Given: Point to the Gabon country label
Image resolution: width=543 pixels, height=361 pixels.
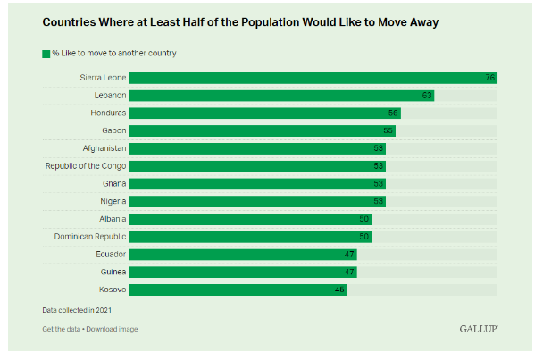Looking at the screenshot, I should (113, 130).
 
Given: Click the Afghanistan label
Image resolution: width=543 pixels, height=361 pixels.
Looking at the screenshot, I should (104, 148).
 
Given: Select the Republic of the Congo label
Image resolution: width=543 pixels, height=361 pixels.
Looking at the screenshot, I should (86, 166).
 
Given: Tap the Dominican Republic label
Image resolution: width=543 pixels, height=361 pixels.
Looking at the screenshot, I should (90, 237).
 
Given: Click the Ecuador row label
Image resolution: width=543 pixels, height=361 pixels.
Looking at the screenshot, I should (111, 255).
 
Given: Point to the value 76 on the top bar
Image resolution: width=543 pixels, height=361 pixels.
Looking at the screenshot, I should (490, 78).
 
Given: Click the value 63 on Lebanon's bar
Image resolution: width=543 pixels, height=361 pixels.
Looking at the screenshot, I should (428, 96).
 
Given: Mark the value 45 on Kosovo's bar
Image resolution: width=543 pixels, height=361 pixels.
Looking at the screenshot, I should (340, 290).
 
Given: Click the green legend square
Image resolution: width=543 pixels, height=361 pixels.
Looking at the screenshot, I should (46, 54).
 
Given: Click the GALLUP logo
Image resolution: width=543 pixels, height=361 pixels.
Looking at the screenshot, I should (478, 329).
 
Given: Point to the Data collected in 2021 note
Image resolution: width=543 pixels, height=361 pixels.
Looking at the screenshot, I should (77, 310).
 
